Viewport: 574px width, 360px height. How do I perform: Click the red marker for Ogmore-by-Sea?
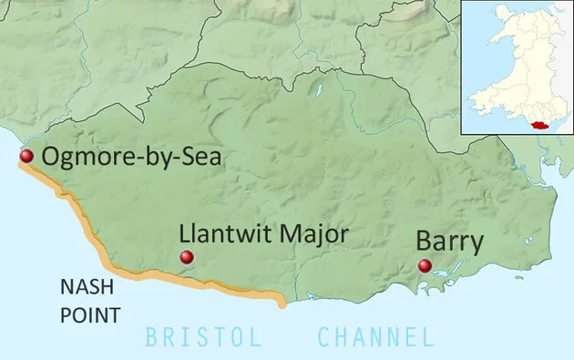(x=26, y=157)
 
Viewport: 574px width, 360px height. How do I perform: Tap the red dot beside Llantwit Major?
(x=187, y=259)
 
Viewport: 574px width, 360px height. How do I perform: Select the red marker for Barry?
(x=425, y=266)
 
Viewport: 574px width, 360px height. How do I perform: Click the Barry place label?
(x=449, y=242)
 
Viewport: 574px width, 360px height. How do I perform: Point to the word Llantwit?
(x=220, y=234)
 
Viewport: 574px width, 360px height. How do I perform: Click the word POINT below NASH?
(x=90, y=316)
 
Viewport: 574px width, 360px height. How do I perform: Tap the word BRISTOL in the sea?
(x=203, y=338)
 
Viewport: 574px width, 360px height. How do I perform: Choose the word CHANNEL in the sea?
(x=375, y=338)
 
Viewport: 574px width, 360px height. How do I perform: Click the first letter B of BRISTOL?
(x=152, y=338)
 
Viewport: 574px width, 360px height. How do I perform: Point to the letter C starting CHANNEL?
(x=324, y=338)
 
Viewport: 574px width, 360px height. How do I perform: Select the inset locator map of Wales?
(x=517, y=67)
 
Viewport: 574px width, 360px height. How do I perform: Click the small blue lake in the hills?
(x=318, y=91)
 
